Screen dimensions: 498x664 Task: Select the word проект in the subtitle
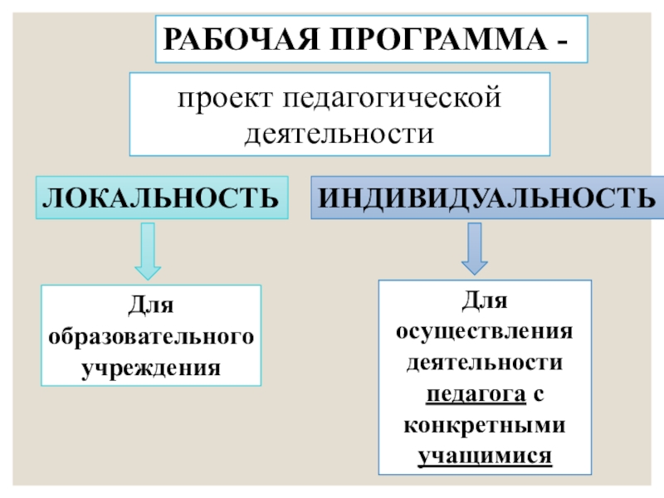pos(218,100)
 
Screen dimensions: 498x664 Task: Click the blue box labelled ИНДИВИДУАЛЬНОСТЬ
pos(486,198)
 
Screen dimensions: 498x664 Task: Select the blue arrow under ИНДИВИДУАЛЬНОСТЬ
pos(475,247)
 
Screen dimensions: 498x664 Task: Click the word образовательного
pos(151,336)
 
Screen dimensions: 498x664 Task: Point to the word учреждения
pos(151,366)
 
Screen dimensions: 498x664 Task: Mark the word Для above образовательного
pos(151,307)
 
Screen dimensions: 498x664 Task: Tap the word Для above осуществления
pos(486,299)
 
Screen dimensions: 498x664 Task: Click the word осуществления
pos(486,330)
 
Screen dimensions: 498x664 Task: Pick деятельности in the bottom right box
pos(486,361)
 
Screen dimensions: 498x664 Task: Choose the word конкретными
pos(486,424)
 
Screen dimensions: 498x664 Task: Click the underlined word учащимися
pos(486,456)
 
